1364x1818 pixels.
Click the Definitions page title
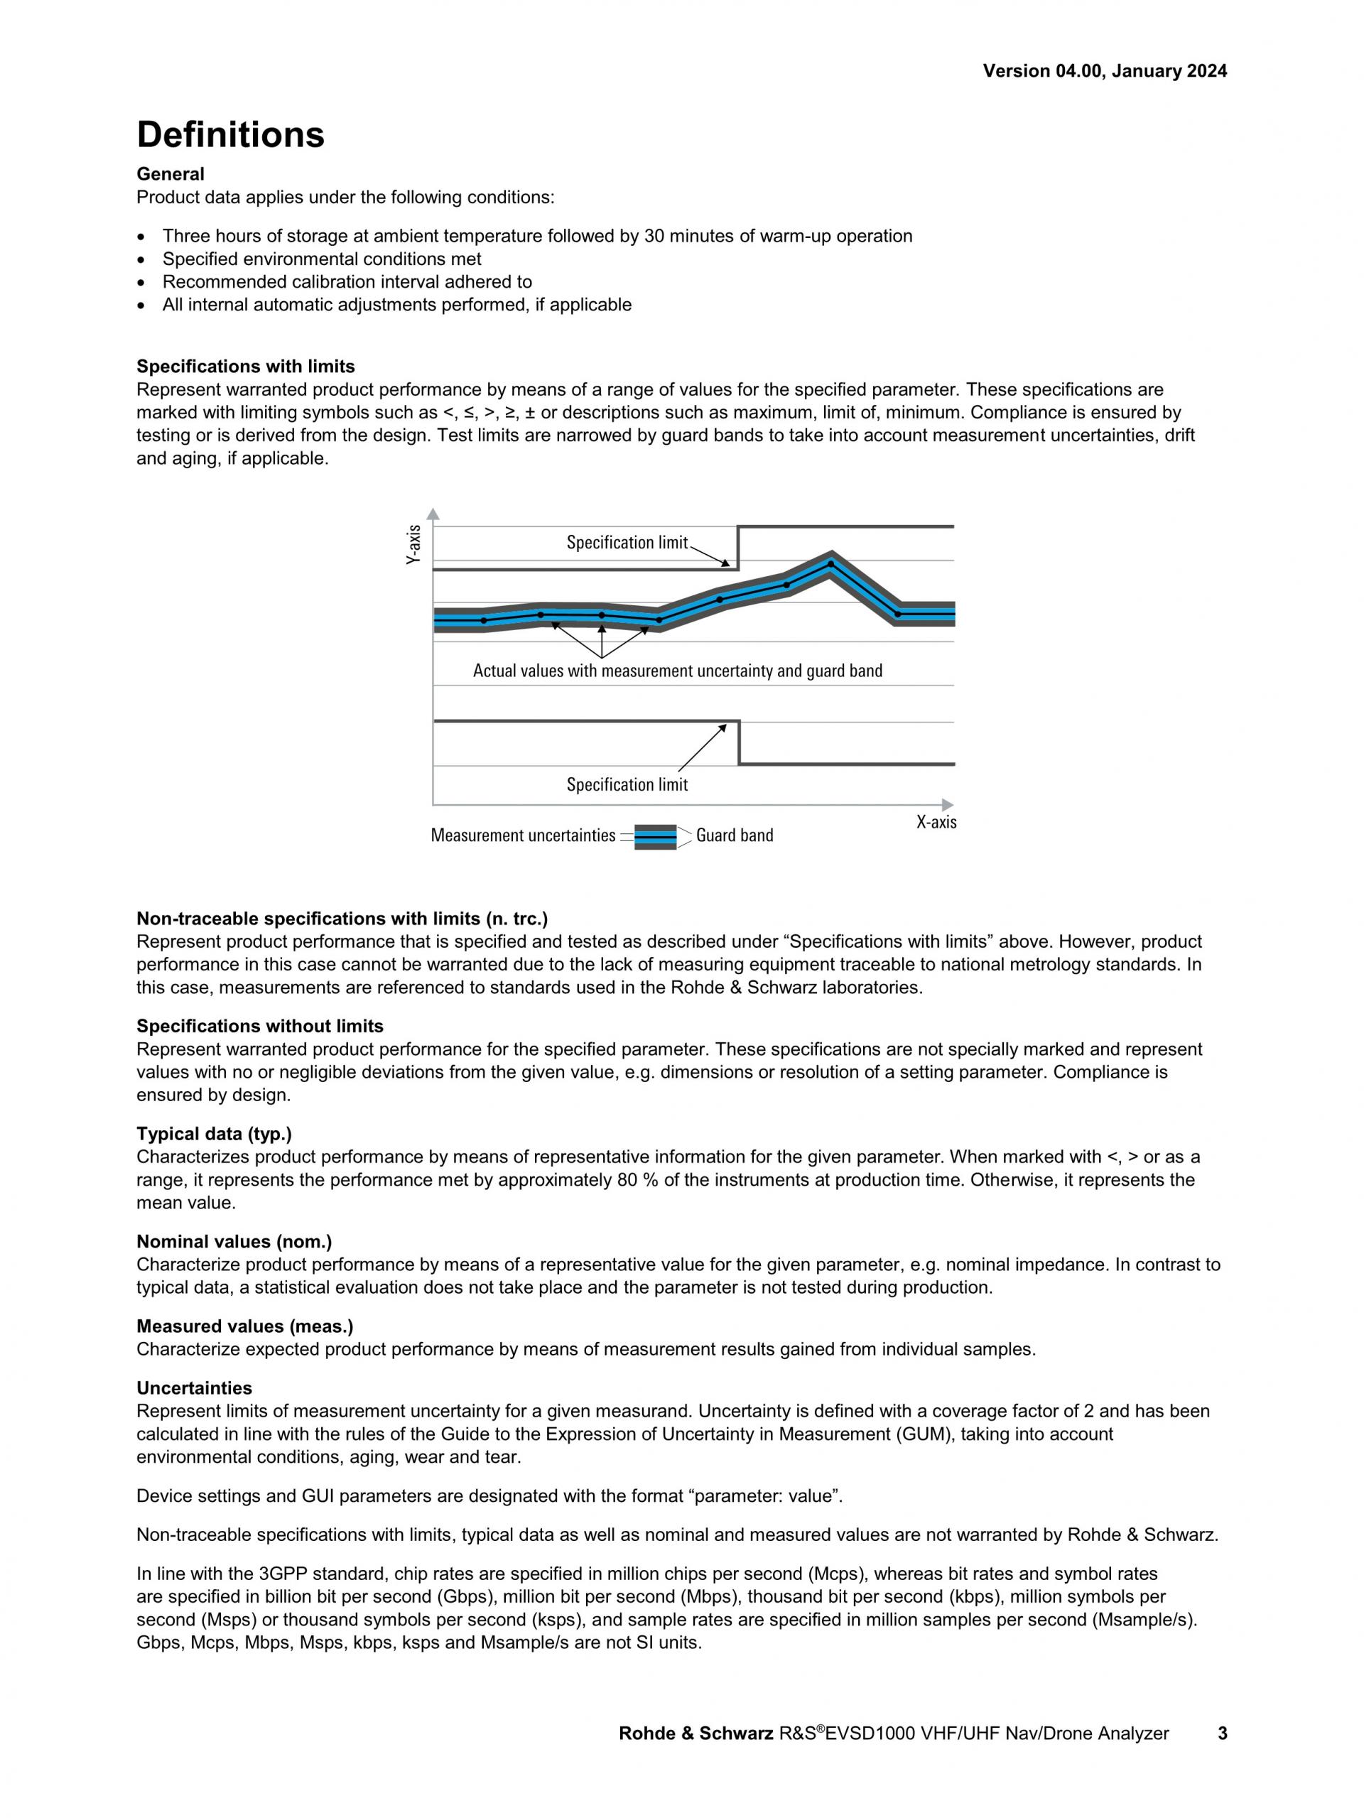230,135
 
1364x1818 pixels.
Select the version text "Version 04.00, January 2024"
1105,72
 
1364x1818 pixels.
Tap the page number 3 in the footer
1222,1733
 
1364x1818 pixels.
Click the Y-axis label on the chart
414,544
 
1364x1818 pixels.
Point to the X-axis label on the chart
936,822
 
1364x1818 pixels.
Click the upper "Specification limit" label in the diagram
626,543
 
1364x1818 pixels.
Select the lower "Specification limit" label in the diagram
626,785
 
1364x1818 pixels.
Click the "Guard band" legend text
734,836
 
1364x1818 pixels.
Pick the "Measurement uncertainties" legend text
523,836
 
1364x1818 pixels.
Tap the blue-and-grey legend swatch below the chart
655,837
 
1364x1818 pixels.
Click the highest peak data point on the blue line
830,564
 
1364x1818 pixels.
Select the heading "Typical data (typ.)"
214,1134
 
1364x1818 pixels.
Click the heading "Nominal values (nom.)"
233,1242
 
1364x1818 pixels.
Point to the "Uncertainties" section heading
194,1388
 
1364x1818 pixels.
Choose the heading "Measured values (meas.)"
244,1326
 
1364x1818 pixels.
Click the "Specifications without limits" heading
259,1027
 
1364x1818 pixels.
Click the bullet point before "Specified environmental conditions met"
143,260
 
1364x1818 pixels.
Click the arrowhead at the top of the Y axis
433,514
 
